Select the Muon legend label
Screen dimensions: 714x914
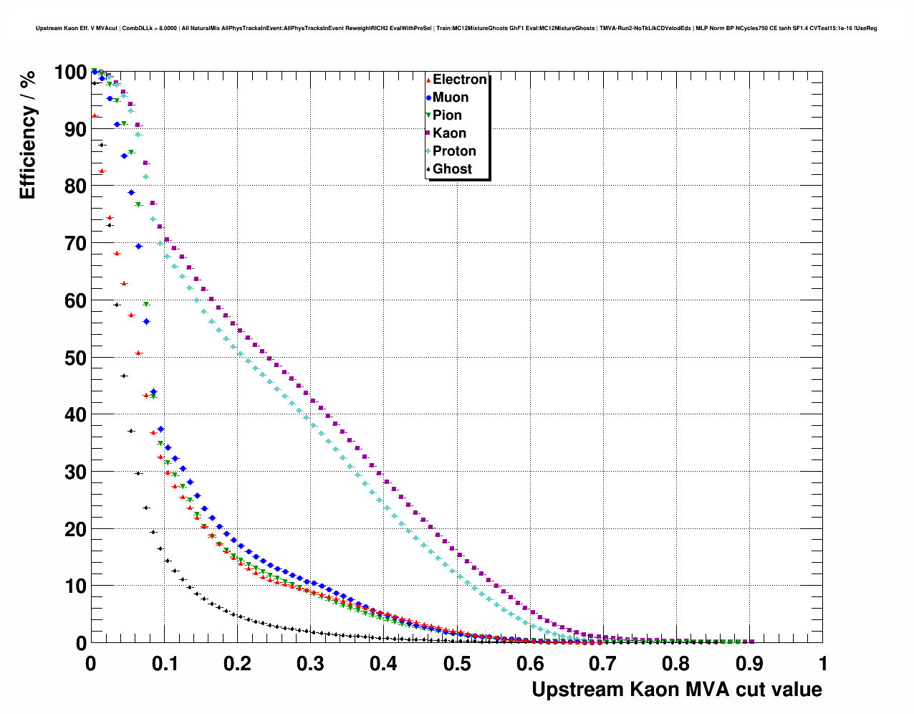451,97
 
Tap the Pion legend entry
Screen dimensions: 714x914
447,115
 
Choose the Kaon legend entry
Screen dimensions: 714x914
449,133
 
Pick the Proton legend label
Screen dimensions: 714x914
454,151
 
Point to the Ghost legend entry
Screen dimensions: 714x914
452,169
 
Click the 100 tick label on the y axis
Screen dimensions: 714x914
70,72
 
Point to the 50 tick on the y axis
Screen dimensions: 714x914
75,358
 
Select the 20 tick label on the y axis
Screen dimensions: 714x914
75,529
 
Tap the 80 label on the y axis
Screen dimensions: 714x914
75,186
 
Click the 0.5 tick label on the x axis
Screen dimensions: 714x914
456,664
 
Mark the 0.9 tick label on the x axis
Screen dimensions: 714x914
749,664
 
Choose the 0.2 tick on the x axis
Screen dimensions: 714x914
237,664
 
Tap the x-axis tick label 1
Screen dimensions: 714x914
822,664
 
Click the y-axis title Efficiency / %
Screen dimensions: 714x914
27,135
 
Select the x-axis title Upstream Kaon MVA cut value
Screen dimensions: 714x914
676,690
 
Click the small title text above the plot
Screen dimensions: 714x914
456,29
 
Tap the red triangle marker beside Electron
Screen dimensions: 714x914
428,80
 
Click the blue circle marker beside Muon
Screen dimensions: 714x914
428,97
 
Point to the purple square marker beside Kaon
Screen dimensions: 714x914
428,133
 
